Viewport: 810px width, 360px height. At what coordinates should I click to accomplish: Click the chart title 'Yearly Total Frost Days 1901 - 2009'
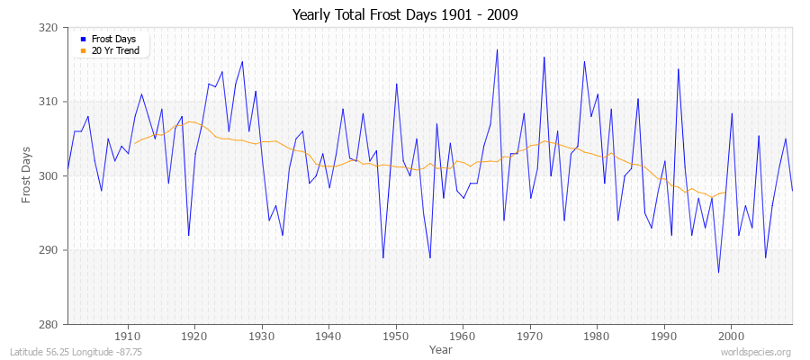click(405, 15)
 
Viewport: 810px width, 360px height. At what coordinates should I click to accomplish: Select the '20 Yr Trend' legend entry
click(114, 51)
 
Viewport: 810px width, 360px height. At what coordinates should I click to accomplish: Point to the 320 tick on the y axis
click(49, 28)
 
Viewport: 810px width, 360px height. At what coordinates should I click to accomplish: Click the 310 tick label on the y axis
click(49, 102)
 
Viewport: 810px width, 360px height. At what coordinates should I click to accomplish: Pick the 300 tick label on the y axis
click(49, 176)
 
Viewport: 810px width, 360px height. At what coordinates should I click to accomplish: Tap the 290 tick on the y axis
click(49, 250)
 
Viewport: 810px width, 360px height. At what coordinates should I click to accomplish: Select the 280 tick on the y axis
click(49, 324)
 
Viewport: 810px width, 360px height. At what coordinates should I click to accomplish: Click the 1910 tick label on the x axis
click(127, 336)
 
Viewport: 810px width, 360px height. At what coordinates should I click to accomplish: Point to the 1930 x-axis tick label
click(261, 336)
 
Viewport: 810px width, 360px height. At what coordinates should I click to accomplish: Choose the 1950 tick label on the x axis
click(395, 336)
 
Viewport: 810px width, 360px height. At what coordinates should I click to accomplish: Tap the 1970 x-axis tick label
click(529, 336)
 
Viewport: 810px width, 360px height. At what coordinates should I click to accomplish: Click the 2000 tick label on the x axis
click(731, 336)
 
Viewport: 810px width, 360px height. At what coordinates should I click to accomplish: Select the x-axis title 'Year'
click(441, 349)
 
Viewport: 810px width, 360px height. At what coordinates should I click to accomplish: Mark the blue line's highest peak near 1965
click(497, 49)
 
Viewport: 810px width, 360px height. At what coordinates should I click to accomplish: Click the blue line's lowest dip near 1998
click(718, 272)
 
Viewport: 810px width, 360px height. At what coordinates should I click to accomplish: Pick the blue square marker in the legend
click(83, 40)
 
